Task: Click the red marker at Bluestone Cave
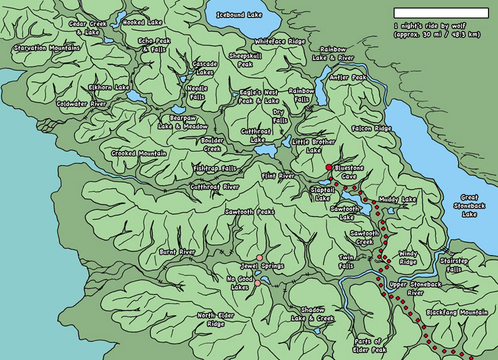(x=328, y=167)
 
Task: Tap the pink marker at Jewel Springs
(x=259, y=257)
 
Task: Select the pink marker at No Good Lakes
(x=257, y=283)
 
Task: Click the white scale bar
(x=441, y=13)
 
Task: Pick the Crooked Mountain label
(x=139, y=154)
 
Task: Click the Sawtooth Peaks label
(x=250, y=212)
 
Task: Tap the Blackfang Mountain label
(x=456, y=312)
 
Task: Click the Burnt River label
(x=177, y=252)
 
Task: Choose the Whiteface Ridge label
(x=280, y=42)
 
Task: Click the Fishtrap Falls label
(x=215, y=169)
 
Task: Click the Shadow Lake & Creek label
(x=316, y=314)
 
